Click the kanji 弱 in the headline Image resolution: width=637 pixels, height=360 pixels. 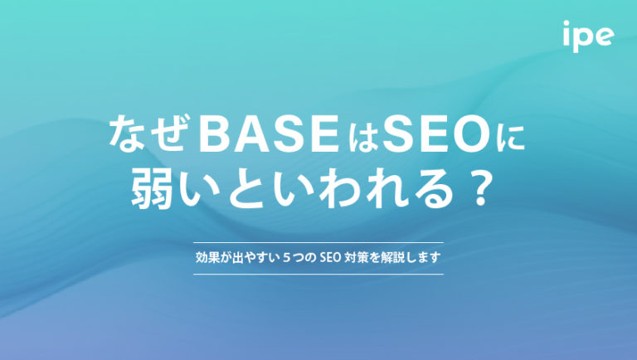152,191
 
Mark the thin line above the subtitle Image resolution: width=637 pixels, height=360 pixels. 318,242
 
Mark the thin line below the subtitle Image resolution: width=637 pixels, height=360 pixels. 318,274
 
